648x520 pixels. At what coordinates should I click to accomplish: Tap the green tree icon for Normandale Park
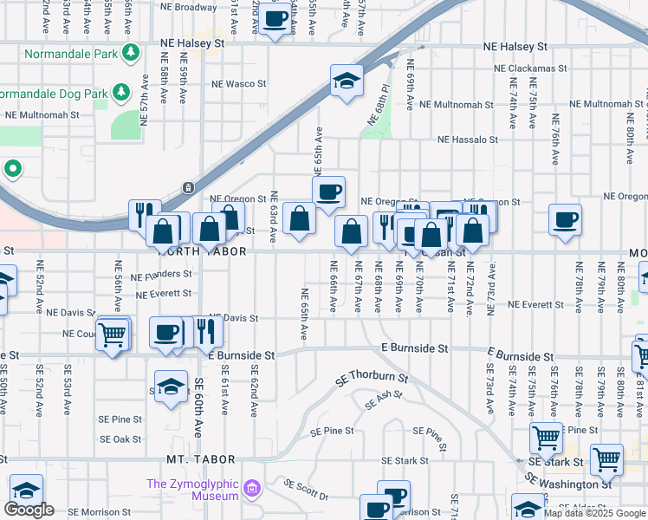(x=131, y=53)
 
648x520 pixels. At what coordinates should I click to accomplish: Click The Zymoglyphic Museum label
(x=192, y=490)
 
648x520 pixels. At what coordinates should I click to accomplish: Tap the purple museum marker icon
(x=251, y=490)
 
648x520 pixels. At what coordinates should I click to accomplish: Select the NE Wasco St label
(x=239, y=84)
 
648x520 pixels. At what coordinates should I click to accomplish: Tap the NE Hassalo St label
(x=468, y=139)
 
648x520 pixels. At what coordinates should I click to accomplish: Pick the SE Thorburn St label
(x=373, y=379)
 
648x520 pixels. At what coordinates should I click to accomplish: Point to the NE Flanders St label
(x=161, y=275)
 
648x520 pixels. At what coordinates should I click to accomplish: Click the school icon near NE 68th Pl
(x=347, y=82)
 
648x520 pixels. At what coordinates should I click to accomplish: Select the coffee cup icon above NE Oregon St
(x=329, y=192)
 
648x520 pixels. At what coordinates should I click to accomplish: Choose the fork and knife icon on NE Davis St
(x=204, y=331)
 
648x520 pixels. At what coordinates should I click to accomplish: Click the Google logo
(x=29, y=510)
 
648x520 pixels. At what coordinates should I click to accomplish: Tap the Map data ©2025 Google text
(x=595, y=513)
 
